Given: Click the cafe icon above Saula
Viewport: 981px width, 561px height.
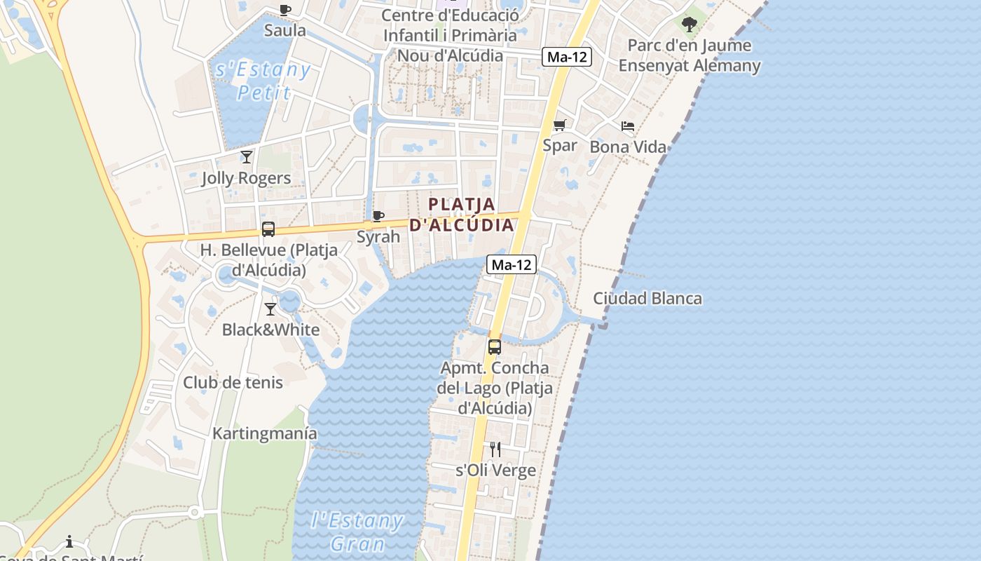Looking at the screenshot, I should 284,10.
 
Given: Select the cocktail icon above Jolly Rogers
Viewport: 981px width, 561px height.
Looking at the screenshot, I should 246,157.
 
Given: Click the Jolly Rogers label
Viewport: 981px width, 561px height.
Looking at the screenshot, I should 246,178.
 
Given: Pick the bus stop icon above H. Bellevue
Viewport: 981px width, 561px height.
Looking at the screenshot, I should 268,229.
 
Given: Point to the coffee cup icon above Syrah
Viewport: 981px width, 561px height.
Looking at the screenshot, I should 378,216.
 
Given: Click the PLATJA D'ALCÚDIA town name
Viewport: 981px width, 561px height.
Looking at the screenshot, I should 462,215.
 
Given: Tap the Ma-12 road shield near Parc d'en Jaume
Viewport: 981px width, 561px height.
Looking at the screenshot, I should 567,58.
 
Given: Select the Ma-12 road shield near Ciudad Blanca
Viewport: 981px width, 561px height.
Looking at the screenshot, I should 512,264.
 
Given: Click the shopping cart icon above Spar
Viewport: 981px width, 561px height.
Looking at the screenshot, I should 559,126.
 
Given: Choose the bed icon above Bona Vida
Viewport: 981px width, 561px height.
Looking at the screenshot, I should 628,126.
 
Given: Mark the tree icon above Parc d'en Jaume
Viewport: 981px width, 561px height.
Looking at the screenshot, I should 690,25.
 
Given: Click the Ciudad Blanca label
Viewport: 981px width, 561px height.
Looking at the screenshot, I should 647,298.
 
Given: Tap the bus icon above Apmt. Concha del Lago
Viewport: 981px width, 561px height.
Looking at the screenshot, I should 495,346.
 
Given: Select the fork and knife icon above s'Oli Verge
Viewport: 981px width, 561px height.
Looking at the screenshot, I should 495,449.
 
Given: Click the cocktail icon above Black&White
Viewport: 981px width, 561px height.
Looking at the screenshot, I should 270,309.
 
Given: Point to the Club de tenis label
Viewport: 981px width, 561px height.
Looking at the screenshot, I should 233,382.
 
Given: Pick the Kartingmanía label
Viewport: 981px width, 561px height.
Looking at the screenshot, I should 265,433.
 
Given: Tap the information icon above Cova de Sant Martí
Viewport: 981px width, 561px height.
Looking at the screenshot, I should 69,541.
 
